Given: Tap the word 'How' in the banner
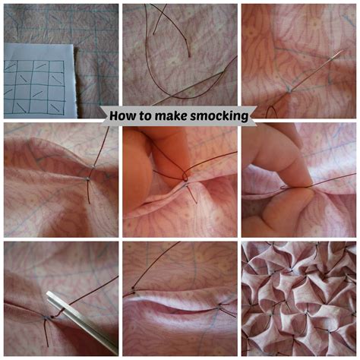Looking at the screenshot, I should point(124,116).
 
